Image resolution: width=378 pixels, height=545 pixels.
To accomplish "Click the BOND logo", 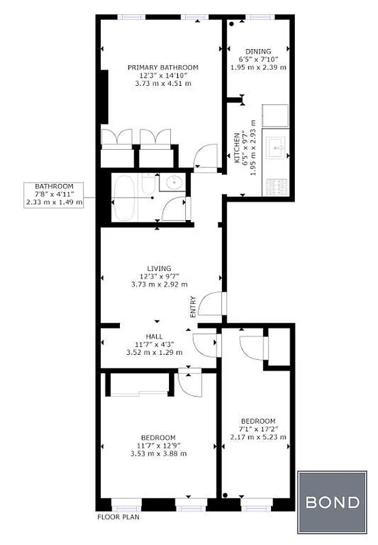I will click(x=332, y=503).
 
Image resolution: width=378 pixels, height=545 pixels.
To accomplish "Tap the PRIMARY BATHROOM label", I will click(x=163, y=67).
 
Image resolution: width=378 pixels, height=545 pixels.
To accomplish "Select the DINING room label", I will click(x=259, y=51).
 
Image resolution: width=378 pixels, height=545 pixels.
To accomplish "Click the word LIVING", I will click(x=159, y=268).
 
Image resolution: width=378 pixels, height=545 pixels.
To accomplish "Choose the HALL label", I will click(x=155, y=337).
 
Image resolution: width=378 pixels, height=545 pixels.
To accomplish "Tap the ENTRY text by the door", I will click(x=193, y=305).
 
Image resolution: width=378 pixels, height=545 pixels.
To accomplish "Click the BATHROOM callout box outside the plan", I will click(x=54, y=194).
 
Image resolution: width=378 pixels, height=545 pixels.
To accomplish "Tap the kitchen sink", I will click(x=278, y=146).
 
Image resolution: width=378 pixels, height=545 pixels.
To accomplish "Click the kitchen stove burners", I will click(x=278, y=185).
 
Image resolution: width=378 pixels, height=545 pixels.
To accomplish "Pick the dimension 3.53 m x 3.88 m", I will click(x=159, y=453).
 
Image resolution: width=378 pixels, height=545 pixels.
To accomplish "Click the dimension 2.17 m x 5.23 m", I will click(x=258, y=437).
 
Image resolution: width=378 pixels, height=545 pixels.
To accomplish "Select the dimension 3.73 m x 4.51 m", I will click(x=163, y=84).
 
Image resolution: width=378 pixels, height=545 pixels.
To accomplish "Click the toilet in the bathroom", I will click(x=148, y=183).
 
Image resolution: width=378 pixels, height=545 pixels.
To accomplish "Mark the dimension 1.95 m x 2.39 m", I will click(x=259, y=67).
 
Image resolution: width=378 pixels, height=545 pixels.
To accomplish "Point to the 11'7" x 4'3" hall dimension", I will click(x=155, y=345).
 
